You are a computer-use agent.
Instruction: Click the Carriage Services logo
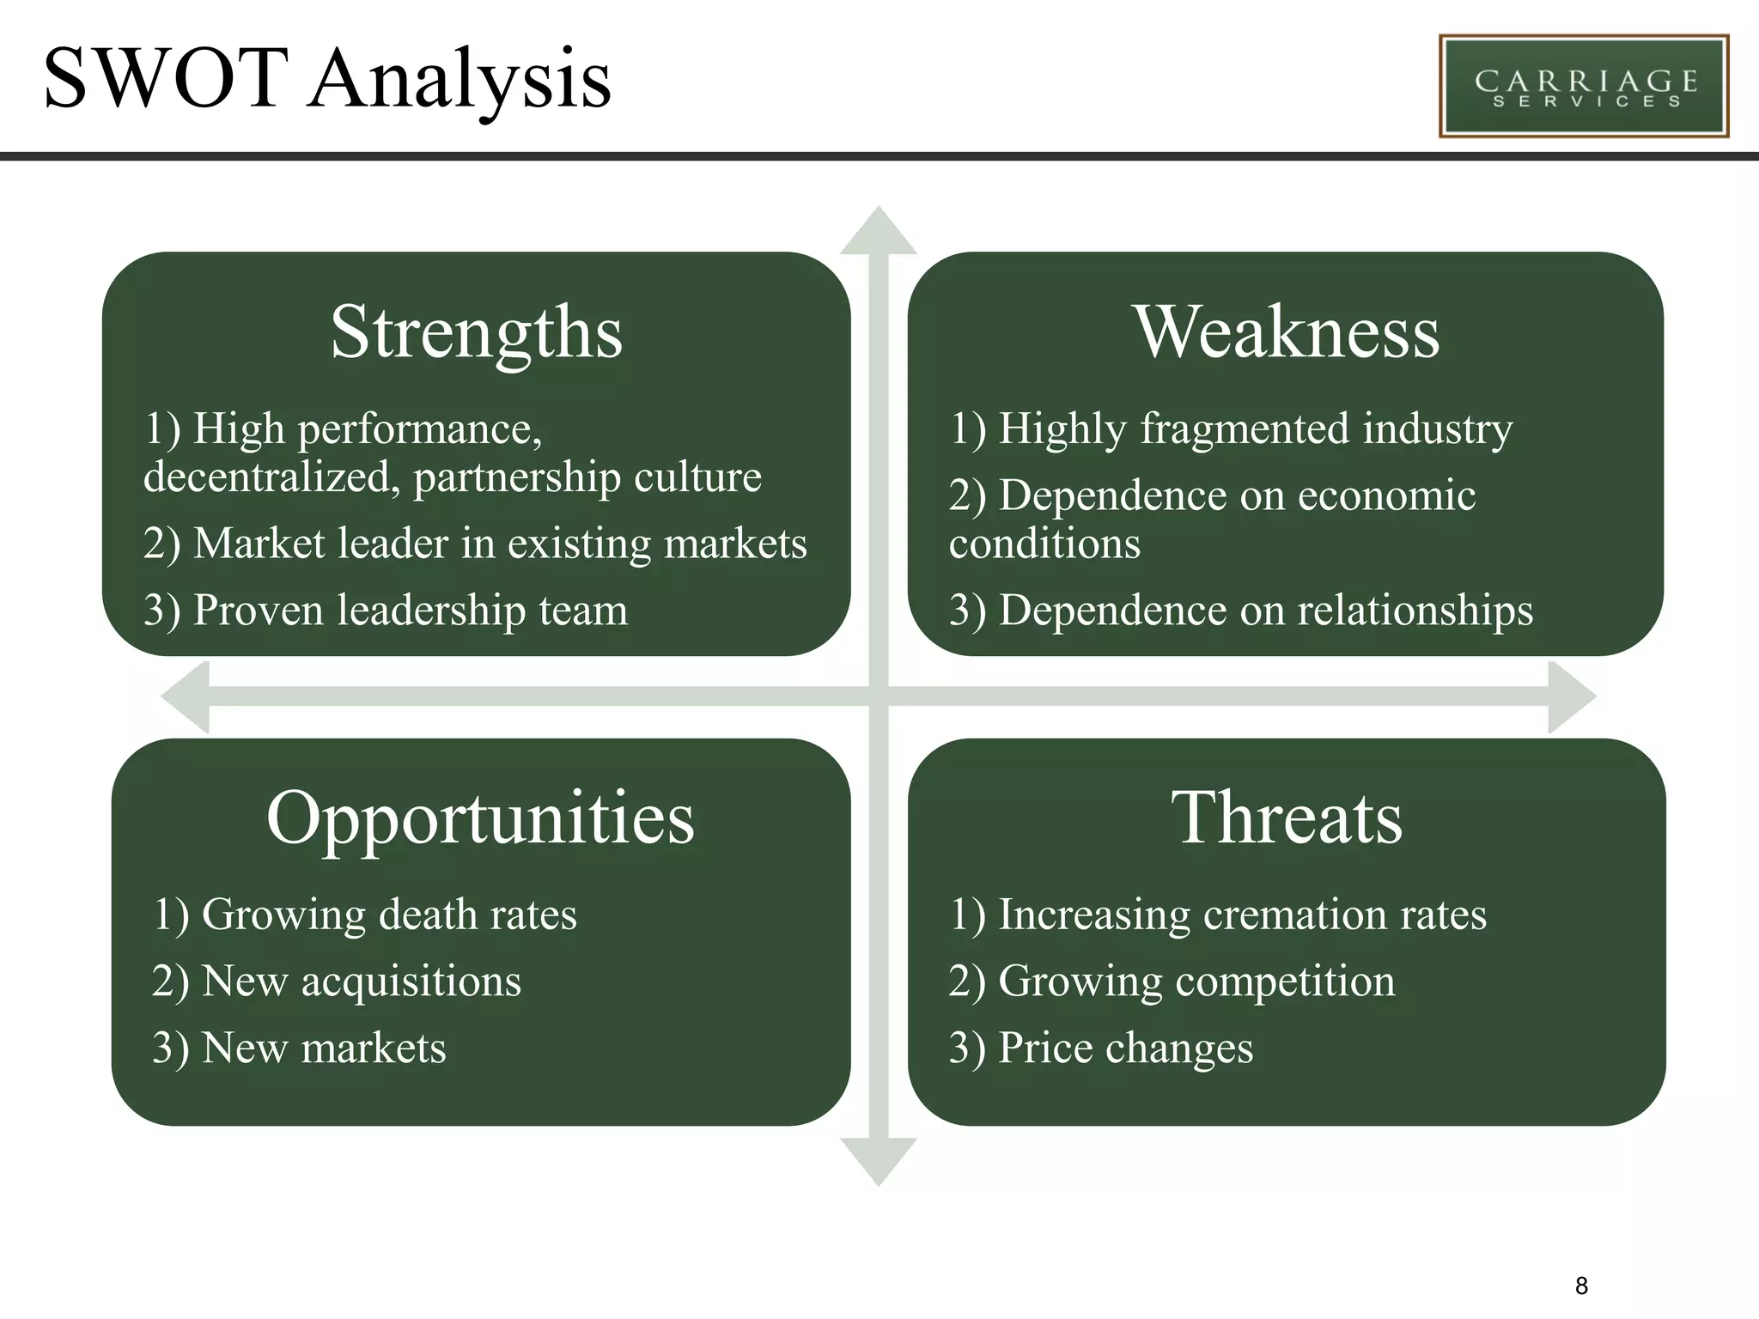click(x=1583, y=86)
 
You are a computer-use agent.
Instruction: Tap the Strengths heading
click(x=477, y=333)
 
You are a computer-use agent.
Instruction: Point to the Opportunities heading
click(x=480, y=818)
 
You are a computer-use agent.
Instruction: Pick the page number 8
click(x=1581, y=1286)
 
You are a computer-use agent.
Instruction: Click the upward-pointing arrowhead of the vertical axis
click(x=878, y=232)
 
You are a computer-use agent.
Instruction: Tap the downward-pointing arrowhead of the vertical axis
click(x=878, y=1161)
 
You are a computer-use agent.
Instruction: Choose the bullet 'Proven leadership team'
click(x=386, y=611)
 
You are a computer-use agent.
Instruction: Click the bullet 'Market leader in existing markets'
click(x=475, y=544)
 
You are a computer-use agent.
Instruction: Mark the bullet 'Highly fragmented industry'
click(x=1230, y=429)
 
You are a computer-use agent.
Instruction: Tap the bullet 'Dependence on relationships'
click(x=1240, y=611)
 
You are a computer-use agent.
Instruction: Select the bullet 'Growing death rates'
click(x=364, y=915)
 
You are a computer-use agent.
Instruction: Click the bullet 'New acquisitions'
click(x=336, y=982)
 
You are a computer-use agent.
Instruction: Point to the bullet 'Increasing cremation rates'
click(x=1217, y=915)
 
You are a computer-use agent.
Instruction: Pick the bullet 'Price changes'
click(x=1100, y=1049)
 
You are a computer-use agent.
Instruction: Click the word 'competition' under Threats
click(x=1285, y=982)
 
